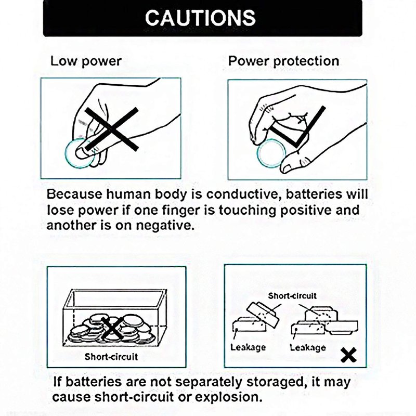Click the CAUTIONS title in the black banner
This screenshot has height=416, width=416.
coord(200,18)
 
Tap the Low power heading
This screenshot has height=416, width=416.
coord(86,61)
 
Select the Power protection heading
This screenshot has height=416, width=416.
coord(283,61)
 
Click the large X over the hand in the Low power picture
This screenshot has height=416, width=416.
coord(111,129)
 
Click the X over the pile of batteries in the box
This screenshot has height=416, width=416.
coord(112,329)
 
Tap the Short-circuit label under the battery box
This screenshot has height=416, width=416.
coord(111,357)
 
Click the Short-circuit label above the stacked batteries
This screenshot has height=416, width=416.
coord(292,295)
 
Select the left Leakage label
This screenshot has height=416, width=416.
coord(248,347)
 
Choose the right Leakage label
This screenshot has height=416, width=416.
coord(308,347)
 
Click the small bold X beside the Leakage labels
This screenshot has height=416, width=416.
coord(348,355)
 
